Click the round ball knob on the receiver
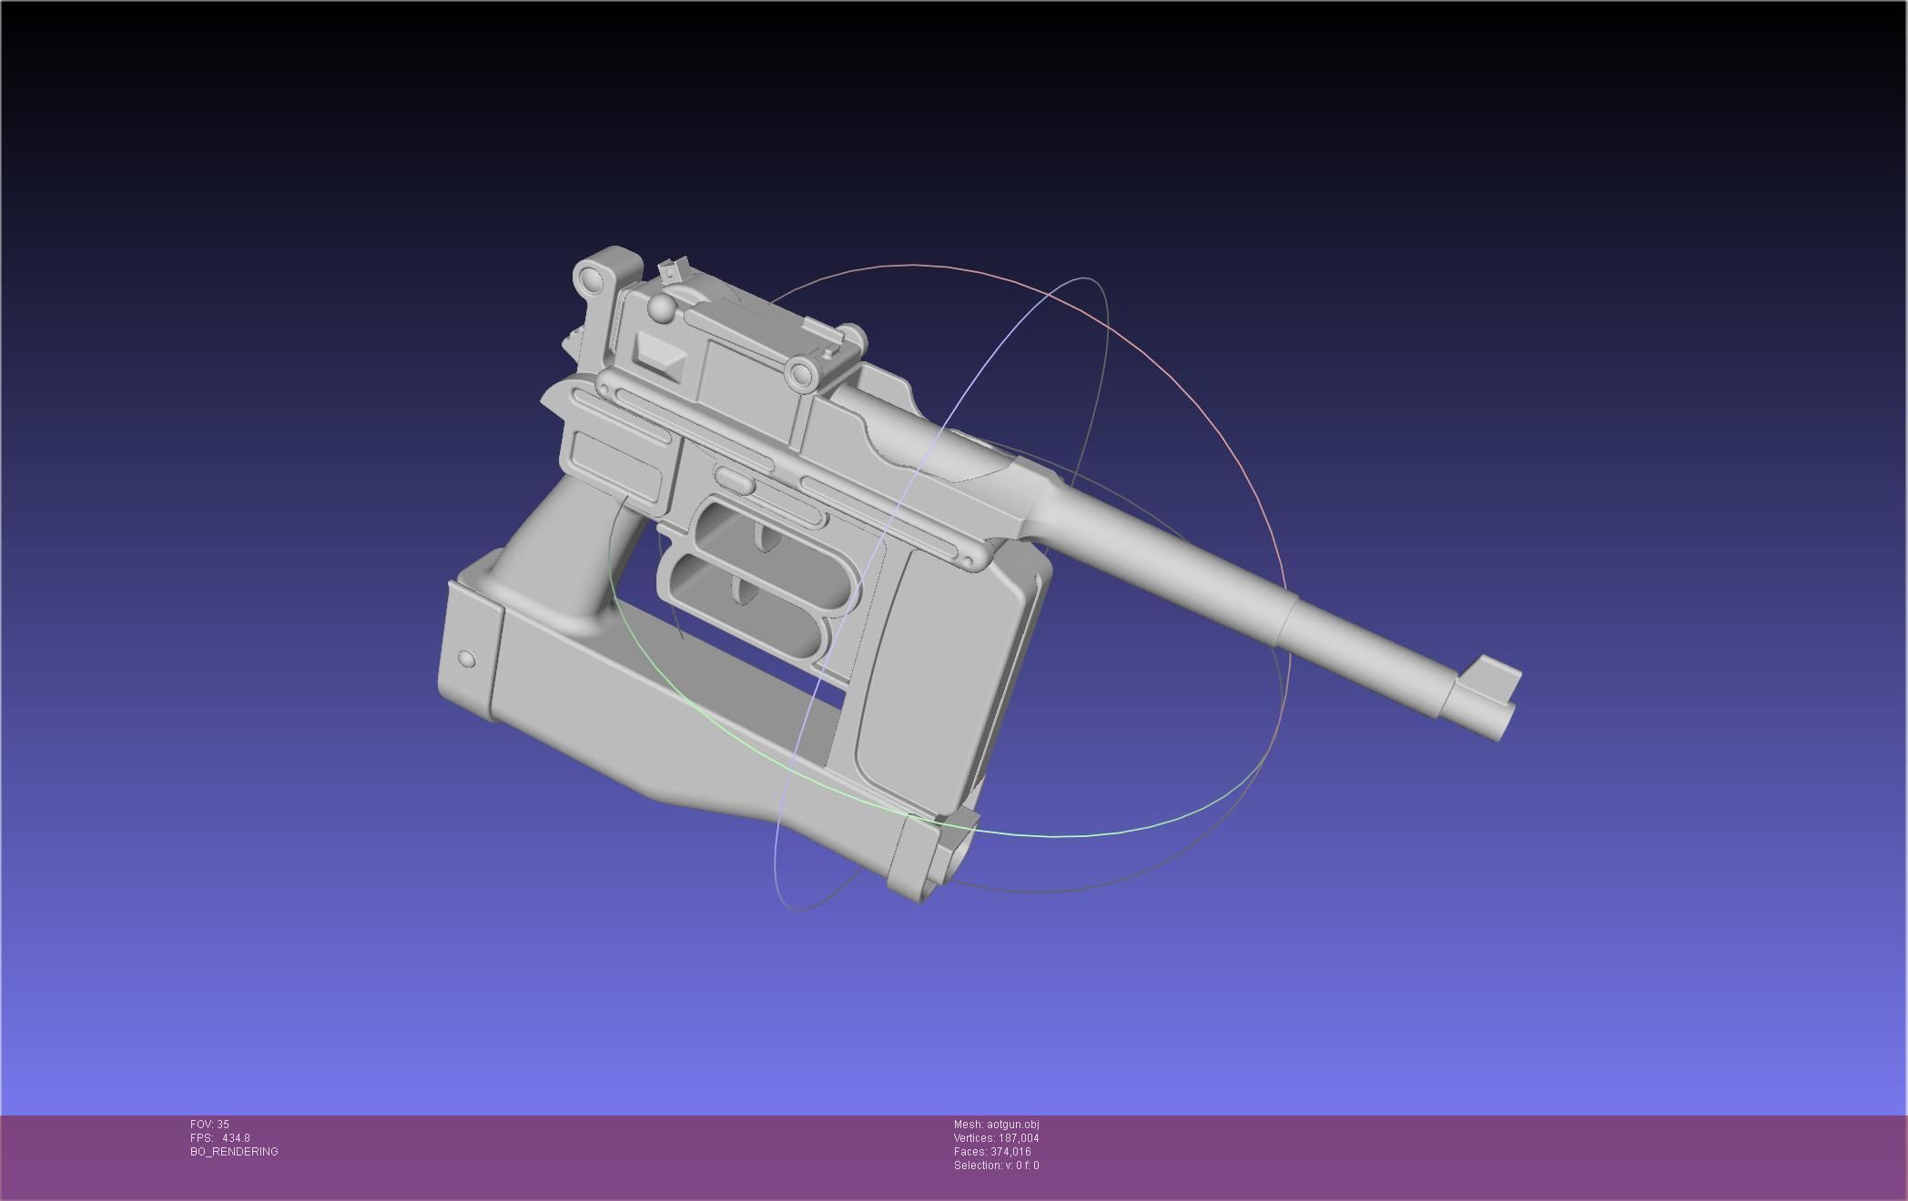(x=662, y=309)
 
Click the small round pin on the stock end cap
(x=466, y=659)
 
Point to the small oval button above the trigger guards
(x=734, y=479)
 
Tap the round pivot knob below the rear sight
(x=802, y=373)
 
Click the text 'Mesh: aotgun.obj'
(x=996, y=1125)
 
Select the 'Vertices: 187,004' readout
(x=996, y=1138)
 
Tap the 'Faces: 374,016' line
(x=992, y=1152)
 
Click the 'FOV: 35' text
(x=209, y=1125)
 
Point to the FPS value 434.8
(x=235, y=1138)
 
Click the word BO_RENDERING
(x=234, y=1152)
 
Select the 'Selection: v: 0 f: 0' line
(x=996, y=1166)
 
